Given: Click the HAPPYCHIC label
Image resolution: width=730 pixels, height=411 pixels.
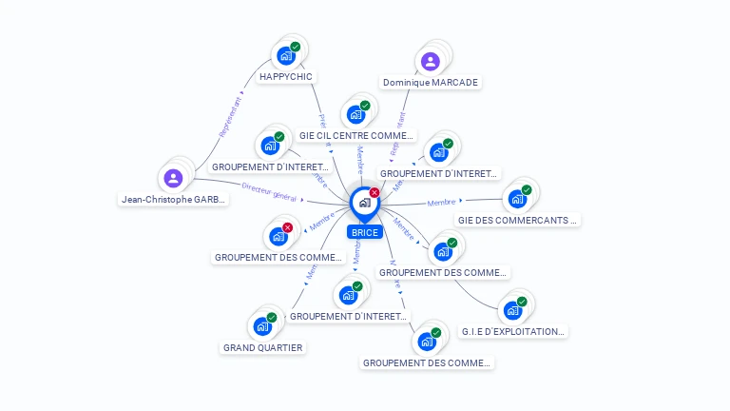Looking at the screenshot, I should [285, 76].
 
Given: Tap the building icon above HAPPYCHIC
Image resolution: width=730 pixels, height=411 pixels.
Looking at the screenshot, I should [285, 55].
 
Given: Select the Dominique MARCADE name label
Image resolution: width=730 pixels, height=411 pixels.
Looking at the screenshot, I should [431, 83].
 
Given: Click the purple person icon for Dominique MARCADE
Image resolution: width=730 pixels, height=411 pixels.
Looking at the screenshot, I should [431, 62].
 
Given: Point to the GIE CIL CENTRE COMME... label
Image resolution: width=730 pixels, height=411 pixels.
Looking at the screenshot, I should [356, 136].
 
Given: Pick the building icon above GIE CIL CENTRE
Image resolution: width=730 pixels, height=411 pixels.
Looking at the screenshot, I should [356, 114].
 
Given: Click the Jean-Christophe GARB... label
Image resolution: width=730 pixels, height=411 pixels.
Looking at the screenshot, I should [174, 200].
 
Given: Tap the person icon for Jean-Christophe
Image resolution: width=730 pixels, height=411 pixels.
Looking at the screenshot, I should [173, 178].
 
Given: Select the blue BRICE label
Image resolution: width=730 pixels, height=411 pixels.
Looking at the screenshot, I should [364, 232].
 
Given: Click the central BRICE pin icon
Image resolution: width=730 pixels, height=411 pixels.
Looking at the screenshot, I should [363, 203].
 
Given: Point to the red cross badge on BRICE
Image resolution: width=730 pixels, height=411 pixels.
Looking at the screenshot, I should [375, 193].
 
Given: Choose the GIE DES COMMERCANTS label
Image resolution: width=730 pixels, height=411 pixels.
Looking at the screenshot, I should [518, 220].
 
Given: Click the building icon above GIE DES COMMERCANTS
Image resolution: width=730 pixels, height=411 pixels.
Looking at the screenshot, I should [517, 199].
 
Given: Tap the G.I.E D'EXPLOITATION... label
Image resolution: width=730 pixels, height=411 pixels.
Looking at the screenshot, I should [513, 332].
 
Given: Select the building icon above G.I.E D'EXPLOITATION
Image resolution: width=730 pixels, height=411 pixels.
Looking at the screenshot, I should [513, 310].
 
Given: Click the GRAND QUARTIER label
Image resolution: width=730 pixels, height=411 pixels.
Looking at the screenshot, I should [263, 347].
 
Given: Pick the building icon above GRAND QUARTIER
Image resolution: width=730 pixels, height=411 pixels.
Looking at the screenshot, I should [262, 326].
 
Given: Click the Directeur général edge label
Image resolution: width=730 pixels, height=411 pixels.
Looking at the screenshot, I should [270, 192].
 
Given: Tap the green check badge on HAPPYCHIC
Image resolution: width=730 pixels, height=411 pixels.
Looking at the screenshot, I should [296, 47].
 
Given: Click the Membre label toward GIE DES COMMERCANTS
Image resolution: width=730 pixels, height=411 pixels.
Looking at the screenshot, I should [442, 203].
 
